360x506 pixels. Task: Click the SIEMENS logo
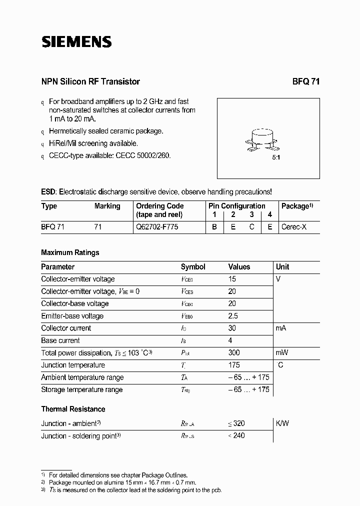coord(76,42)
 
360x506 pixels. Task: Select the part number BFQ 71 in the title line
coord(305,81)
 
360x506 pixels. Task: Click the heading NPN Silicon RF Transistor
coord(90,81)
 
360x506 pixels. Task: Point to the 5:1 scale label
coord(275,157)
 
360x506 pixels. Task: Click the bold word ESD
coord(48,191)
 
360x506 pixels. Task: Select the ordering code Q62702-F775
coord(157,226)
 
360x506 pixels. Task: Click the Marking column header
coord(107,206)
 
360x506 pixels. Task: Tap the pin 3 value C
coord(252,226)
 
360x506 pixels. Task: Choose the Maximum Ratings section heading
coord(70,252)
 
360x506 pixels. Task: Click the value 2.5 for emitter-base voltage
coord(233,316)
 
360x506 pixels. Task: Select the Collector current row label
coord(66,328)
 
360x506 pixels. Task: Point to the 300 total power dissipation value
coord(234,352)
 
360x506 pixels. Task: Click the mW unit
coord(282,352)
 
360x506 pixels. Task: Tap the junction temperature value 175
coord(234,365)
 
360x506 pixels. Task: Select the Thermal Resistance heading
coord(73,409)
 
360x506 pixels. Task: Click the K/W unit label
coord(282,423)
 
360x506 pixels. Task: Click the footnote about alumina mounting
coord(122,482)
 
